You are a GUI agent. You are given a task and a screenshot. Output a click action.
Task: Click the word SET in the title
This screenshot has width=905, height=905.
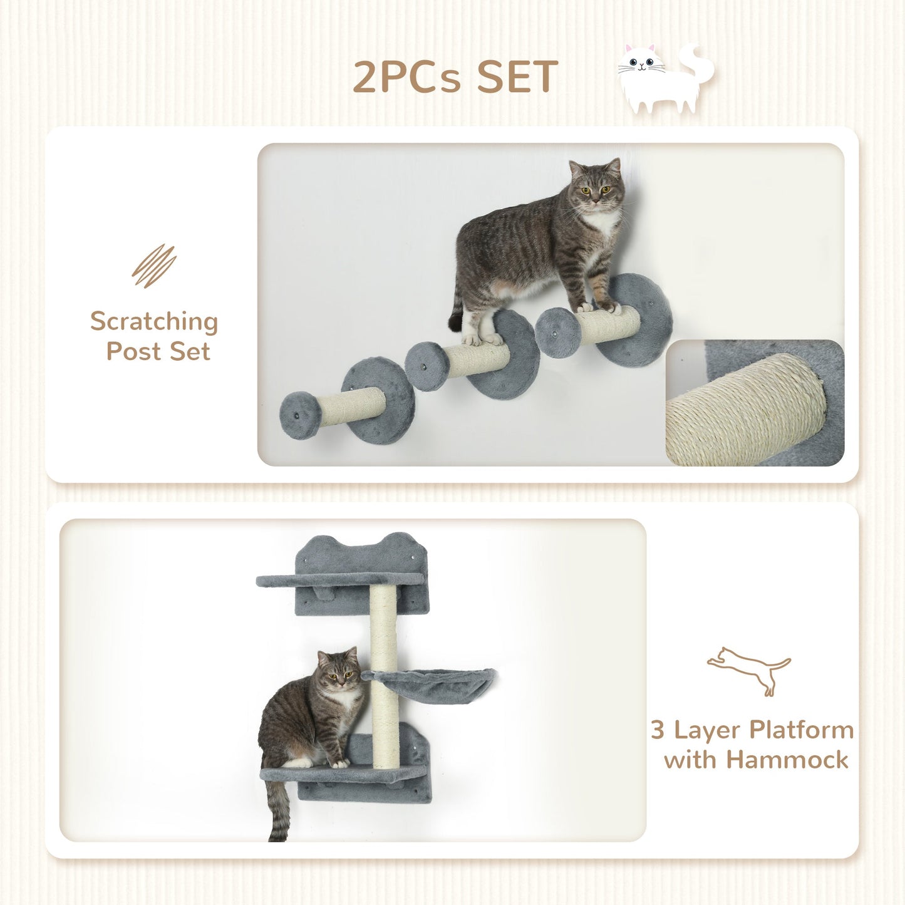[517, 77]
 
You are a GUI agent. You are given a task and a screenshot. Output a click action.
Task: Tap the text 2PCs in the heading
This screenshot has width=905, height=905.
[407, 77]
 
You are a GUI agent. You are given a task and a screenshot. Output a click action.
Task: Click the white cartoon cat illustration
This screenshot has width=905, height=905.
[664, 78]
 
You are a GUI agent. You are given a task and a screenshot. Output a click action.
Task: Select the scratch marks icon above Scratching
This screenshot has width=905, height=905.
[154, 266]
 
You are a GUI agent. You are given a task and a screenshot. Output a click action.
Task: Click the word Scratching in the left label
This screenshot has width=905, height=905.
[154, 322]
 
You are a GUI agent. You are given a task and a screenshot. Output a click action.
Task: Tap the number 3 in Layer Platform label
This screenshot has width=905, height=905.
[657, 730]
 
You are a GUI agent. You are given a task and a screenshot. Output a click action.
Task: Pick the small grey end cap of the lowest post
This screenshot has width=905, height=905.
[300, 415]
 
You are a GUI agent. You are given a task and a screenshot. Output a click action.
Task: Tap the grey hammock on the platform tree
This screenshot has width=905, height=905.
[432, 684]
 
